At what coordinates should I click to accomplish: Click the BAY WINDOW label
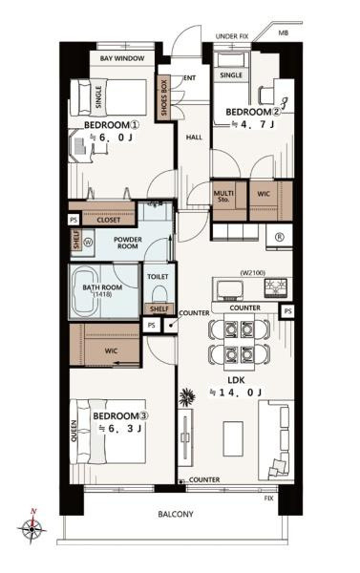pyautogui.click(x=122, y=58)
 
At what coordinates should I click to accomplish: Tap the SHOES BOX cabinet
pyautogui.click(x=164, y=98)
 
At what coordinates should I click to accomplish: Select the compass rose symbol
pyautogui.click(x=32, y=527)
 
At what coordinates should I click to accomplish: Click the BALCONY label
pyautogui.click(x=176, y=514)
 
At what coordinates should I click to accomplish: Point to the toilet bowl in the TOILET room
pyautogui.click(x=159, y=294)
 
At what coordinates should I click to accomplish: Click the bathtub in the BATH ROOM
pyautogui.click(x=85, y=291)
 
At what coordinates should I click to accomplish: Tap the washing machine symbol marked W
pyautogui.click(x=89, y=242)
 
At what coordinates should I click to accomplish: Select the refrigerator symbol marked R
pyautogui.click(x=279, y=237)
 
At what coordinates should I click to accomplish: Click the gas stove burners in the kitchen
pyautogui.click(x=275, y=286)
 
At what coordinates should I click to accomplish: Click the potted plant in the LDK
pyautogui.click(x=187, y=396)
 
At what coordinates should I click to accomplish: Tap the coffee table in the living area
pyautogui.click(x=233, y=438)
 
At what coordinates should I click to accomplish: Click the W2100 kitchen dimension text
pyautogui.click(x=252, y=272)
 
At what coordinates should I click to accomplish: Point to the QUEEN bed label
pyautogui.click(x=74, y=432)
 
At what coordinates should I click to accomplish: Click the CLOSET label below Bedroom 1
pyautogui.click(x=108, y=220)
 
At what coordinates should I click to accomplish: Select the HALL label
pyautogui.click(x=194, y=138)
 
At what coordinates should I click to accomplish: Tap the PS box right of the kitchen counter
pyautogui.click(x=287, y=311)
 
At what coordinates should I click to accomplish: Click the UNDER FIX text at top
pyautogui.click(x=232, y=36)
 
